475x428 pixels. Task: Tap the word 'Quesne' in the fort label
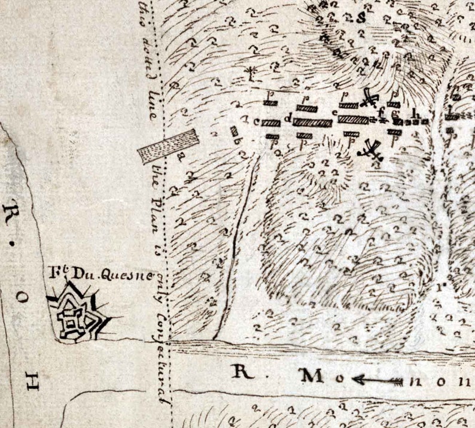[x=114, y=275]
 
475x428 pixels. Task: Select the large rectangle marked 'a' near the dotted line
[x=168, y=145]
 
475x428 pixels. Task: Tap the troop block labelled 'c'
[x=270, y=123]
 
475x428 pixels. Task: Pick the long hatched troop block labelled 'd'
[x=312, y=122]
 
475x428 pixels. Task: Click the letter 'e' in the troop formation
[x=334, y=112]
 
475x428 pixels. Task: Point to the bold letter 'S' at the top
[x=361, y=17]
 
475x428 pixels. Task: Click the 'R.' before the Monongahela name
[x=243, y=372]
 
